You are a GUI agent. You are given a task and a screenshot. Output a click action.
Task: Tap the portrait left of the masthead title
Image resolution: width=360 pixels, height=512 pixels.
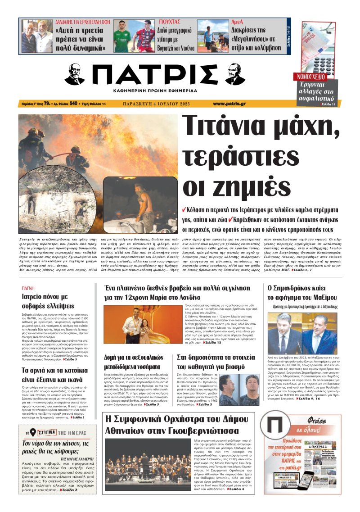pos(75,74)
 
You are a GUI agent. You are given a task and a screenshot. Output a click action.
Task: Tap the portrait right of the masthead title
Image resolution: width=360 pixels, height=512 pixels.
pos(235,74)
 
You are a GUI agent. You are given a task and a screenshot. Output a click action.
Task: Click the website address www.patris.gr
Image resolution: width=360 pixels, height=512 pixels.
pos(229,104)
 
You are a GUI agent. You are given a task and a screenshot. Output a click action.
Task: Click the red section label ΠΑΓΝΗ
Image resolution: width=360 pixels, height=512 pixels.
pos(28,288)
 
